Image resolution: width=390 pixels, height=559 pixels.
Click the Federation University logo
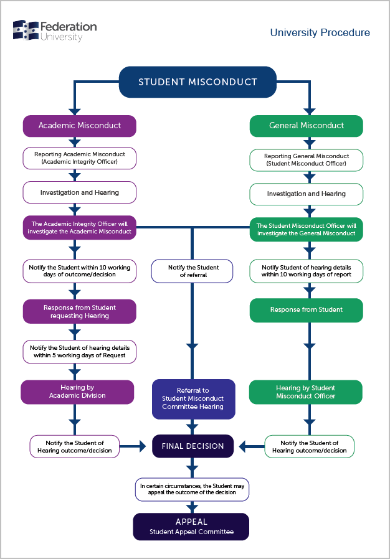click(x=54, y=31)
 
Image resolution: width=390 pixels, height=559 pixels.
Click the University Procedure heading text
click(x=320, y=33)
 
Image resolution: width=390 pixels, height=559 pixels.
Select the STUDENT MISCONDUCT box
click(x=197, y=82)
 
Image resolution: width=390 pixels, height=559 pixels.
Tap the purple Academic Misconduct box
click(x=80, y=126)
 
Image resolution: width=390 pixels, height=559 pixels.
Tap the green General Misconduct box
click(x=306, y=126)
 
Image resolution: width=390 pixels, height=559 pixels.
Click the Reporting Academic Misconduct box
click(x=80, y=158)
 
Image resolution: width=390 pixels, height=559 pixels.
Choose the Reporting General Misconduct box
click(x=306, y=160)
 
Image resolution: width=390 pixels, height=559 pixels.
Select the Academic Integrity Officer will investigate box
click(x=80, y=228)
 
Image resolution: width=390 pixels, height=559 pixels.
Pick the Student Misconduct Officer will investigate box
click(x=306, y=230)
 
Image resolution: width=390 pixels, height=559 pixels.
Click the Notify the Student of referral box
click(x=193, y=271)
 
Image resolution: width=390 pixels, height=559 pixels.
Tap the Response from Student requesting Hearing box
click(x=80, y=311)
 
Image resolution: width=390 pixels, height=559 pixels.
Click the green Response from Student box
click(x=306, y=310)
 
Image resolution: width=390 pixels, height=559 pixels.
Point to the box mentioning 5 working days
click(x=80, y=351)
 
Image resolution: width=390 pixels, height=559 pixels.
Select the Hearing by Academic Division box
click(x=77, y=392)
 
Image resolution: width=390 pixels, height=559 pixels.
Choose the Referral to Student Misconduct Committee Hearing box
click(x=193, y=398)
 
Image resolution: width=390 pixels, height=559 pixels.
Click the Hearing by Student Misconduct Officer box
click(x=305, y=392)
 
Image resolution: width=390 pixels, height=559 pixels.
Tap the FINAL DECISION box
click(x=193, y=446)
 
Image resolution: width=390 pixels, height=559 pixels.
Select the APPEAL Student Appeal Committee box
click(x=191, y=527)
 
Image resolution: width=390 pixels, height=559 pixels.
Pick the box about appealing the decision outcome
click(x=192, y=489)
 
